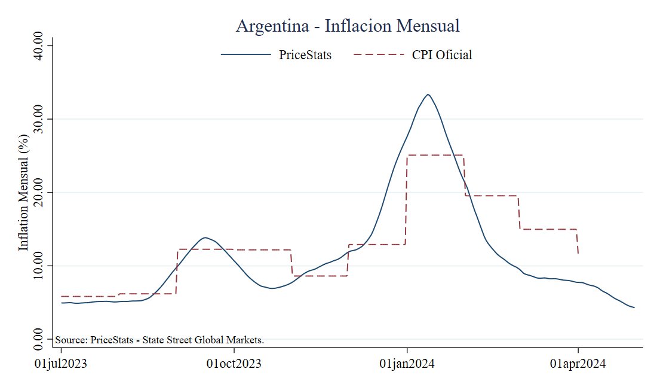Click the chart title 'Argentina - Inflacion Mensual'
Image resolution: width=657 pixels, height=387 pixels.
(x=347, y=26)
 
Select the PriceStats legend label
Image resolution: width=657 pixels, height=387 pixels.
(x=305, y=55)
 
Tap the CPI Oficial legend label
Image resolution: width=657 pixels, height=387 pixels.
(x=442, y=55)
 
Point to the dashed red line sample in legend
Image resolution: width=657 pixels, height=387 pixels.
(x=377, y=55)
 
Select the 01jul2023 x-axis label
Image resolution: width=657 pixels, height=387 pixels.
(x=61, y=364)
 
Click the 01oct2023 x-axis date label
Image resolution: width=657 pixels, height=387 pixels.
(x=234, y=364)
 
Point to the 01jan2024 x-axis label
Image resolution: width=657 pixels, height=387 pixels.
(x=407, y=364)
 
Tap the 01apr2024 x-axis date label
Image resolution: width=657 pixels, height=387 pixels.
(x=578, y=364)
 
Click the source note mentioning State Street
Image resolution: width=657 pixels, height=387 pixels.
(x=159, y=340)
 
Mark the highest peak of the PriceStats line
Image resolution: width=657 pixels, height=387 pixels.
(x=428, y=95)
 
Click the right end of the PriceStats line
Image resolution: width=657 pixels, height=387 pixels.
(x=634, y=307)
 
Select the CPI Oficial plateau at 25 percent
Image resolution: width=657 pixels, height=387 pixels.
(x=435, y=155)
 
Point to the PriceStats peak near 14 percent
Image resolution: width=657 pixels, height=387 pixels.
(x=205, y=237)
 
